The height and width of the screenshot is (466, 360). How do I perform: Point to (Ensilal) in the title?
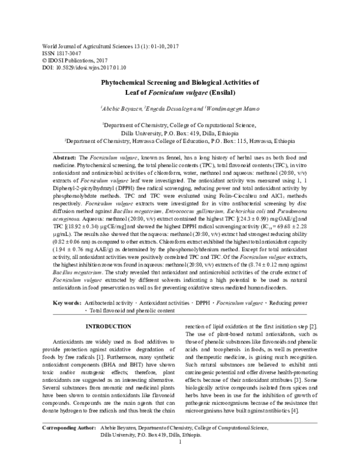tap(224, 93)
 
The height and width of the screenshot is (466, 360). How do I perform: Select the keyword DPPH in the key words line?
tap(202, 303)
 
